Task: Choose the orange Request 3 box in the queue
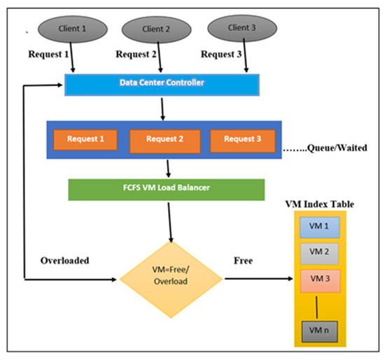point(244,139)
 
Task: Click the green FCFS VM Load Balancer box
point(166,190)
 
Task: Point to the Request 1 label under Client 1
point(50,53)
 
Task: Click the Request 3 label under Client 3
point(221,53)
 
